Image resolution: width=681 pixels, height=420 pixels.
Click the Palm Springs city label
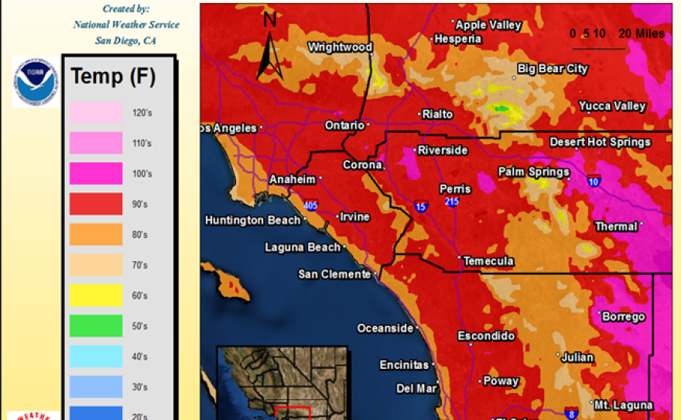(x=533, y=171)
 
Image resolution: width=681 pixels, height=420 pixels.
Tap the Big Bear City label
(x=553, y=69)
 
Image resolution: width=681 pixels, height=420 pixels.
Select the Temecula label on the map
(x=488, y=261)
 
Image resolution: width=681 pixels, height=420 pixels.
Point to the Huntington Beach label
(x=252, y=221)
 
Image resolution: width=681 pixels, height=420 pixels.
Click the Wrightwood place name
(x=340, y=47)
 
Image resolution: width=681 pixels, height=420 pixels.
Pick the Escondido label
(x=486, y=336)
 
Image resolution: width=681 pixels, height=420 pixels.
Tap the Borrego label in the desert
(x=623, y=317)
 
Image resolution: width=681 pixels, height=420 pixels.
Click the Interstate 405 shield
(x=310, y=205)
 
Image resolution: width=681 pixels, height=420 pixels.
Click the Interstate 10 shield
(x=594, y=181)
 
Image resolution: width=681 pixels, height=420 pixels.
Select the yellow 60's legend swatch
(x=96, y=295)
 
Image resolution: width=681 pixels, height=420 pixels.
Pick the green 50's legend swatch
(x=96, y=325)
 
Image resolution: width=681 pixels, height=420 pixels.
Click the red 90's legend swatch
(x=96, y=204)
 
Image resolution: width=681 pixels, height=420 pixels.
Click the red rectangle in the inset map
(x=293, y=413)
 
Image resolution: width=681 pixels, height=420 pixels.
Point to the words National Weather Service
(x=126, y=25)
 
